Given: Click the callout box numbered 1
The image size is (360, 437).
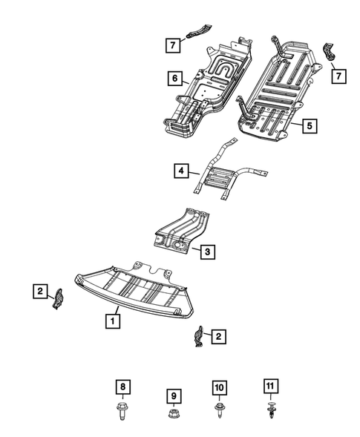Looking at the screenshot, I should point(111,321).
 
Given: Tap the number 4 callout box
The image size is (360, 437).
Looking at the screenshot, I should point(181,171).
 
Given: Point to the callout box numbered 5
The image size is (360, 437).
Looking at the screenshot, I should point(308,126).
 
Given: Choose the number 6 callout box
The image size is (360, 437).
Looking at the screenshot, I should point(174,78).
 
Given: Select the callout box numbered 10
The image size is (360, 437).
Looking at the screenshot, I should point(220,387).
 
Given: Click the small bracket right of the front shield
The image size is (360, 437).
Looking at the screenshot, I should point(200,338).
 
